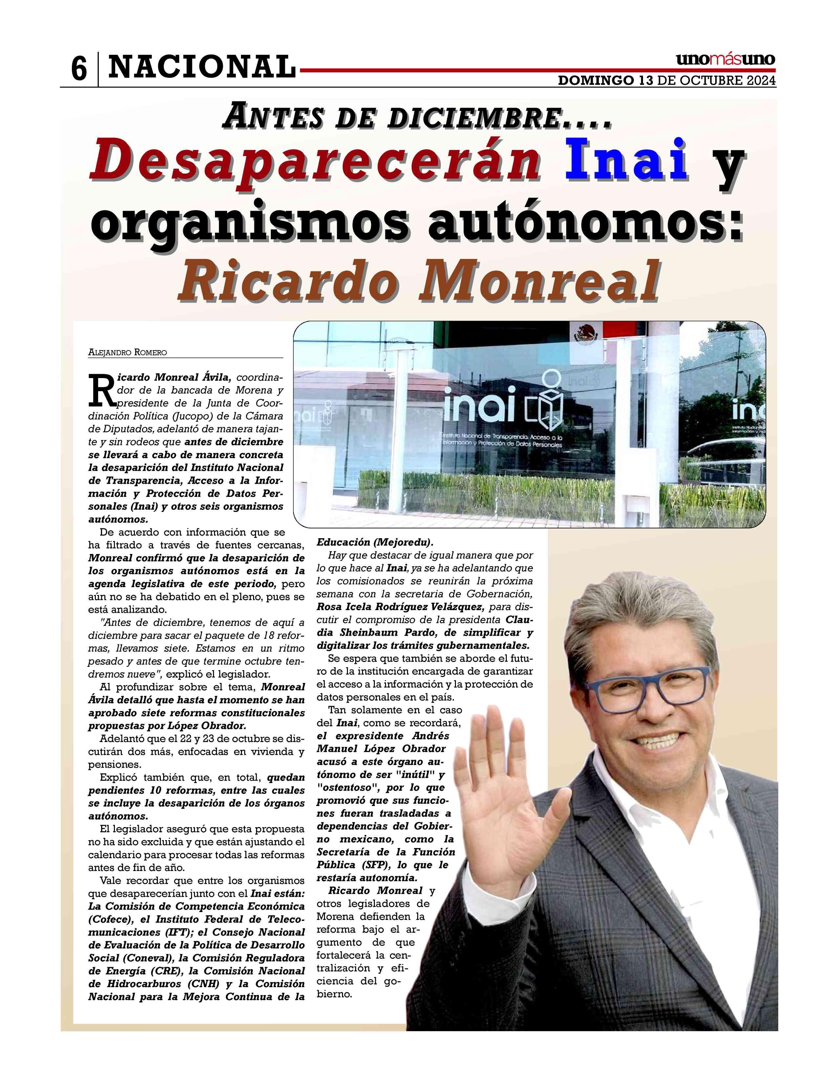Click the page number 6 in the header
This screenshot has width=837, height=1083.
pos(79,70)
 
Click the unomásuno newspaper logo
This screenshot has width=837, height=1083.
pos(725,59)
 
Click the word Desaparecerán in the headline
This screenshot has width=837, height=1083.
pos(315,161)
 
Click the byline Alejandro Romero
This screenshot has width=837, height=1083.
pos(127,352)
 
